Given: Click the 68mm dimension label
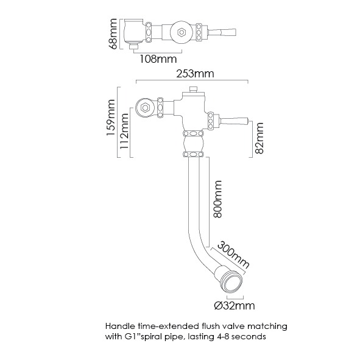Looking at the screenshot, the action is point(114,34).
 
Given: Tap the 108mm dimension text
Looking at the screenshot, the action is point(158,59).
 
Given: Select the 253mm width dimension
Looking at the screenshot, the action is point(195,74).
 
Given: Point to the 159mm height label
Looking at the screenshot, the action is point(110,118).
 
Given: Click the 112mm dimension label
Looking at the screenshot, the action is point(124,131).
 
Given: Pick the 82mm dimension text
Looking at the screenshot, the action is point(259,138).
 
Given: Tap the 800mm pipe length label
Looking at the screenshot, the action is point(217,199).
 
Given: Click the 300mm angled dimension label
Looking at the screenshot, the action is point(233,255).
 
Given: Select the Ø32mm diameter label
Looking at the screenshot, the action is point(235,306).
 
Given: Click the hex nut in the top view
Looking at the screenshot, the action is point(182,32).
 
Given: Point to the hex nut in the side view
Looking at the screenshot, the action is point(145,107).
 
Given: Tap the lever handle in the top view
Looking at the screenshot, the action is point(222,32).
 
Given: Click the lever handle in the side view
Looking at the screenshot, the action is point(234,121).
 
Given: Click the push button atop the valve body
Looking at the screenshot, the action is point(193,89).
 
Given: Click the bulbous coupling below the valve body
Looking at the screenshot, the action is point(193,144).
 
